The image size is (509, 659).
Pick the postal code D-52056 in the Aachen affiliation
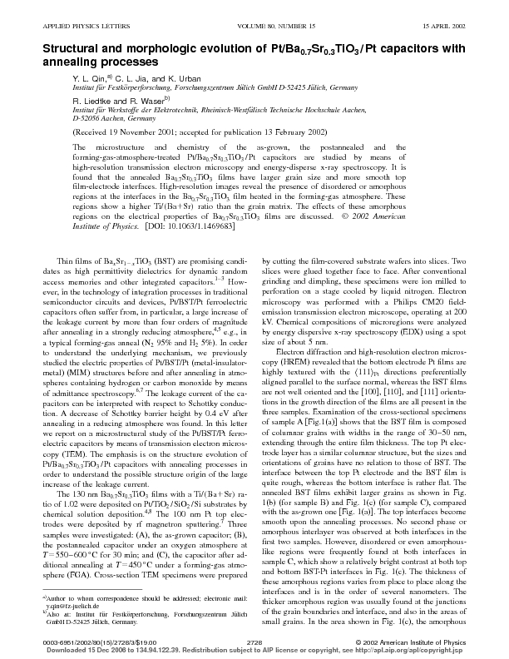[67, 119]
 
